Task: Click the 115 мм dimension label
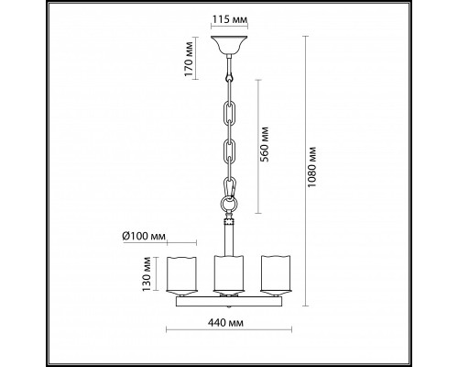(x=229, y=20)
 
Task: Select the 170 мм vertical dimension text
(x=190, y=59)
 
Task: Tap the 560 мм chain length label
(x=265, y=144)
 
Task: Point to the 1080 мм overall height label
(x=311, y=167)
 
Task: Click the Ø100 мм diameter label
(x=144, y=237)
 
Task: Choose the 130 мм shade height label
(x=147, y=274)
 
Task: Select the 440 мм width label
(x=225, y=323)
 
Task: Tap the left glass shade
(x=181, y=273)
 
